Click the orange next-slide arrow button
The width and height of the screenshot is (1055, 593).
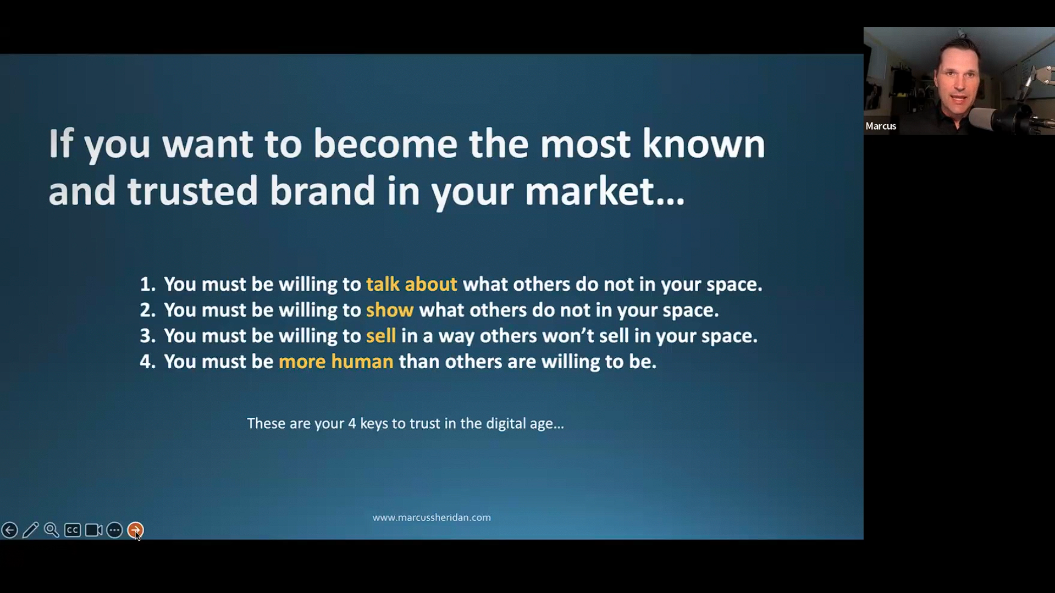(135, 530)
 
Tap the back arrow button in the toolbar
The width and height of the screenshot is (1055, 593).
(9, 530)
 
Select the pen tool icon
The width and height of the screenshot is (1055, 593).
(31, 530)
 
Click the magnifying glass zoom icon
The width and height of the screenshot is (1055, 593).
(52, 530)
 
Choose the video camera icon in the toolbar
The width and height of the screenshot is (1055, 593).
(93, 530)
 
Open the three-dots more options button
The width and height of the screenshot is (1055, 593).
(114, 530)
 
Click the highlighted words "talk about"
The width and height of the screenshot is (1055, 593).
(411, 284)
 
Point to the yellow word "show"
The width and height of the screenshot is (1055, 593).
(390, 310)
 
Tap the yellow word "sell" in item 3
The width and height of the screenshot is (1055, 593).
(381, 336)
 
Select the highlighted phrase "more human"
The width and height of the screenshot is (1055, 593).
(336, 362)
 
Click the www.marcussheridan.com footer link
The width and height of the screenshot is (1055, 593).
(432, 518)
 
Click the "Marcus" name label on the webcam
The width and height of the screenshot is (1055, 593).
(881, 126)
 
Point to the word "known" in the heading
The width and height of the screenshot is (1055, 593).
(704, 144)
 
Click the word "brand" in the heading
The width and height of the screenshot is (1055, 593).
(322, 191)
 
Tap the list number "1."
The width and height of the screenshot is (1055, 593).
(147, 284)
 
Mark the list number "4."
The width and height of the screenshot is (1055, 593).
(147, 362)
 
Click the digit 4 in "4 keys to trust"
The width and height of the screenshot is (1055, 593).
(352, 424)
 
